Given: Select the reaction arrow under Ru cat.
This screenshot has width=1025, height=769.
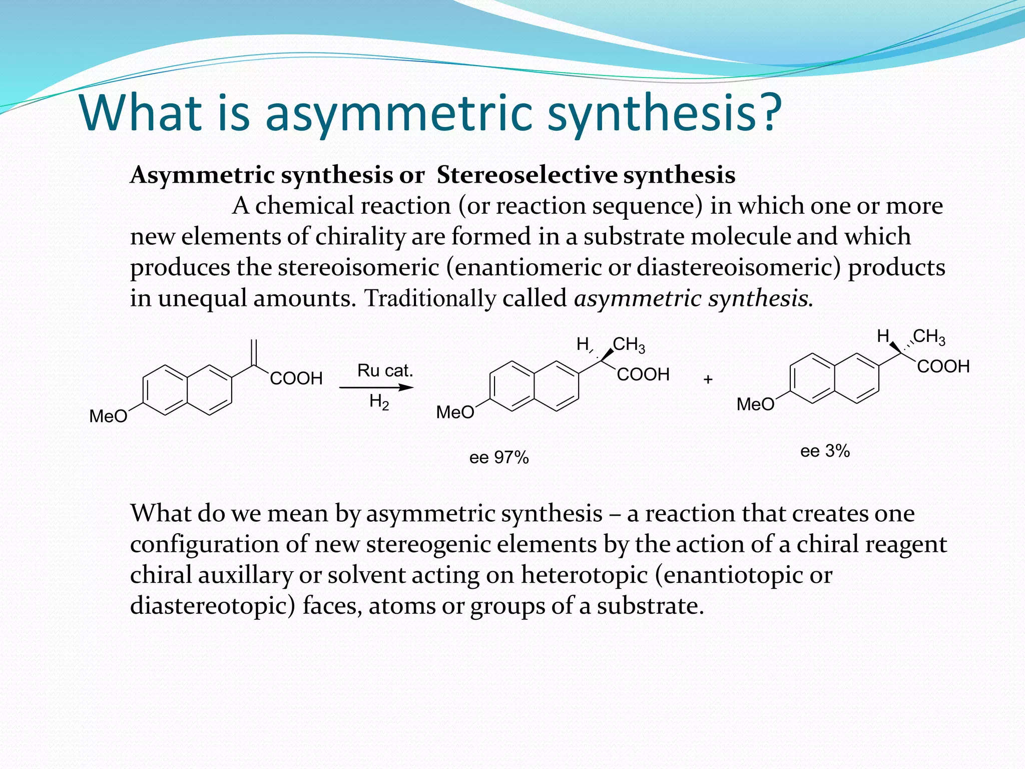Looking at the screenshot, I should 376,387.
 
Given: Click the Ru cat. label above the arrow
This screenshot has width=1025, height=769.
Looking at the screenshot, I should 385,370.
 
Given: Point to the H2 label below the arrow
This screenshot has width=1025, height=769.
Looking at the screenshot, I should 379,402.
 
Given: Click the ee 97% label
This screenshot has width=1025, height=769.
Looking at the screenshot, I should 498,457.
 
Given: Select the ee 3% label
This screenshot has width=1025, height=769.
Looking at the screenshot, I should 825,451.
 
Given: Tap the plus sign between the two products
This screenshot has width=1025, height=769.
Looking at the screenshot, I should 708,379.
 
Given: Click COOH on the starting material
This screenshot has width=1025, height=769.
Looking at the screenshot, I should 296,378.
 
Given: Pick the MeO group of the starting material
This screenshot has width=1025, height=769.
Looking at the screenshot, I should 108,416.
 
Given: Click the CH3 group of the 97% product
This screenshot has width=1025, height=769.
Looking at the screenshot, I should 629,344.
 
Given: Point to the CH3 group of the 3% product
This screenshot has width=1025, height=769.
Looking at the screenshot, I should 929,336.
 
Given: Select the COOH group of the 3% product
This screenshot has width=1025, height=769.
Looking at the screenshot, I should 943,366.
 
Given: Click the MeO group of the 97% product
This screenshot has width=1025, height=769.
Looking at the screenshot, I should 455,413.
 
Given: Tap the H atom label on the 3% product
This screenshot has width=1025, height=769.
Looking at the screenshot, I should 883,336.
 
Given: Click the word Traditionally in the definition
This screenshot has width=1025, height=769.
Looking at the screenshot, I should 429,298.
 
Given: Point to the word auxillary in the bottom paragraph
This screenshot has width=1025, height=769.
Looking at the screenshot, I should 245,575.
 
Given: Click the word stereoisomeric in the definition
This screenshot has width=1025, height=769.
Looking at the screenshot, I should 358,267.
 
